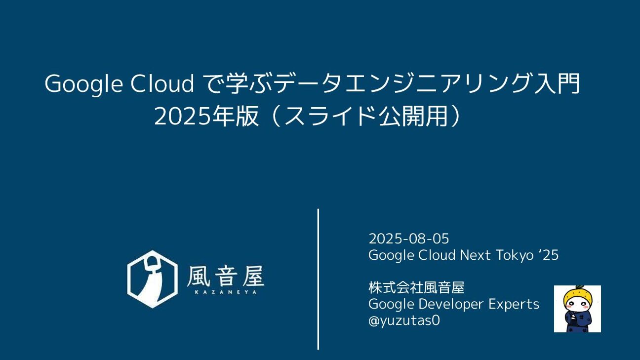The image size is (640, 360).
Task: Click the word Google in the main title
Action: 84,84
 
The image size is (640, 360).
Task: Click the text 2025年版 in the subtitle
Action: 206,116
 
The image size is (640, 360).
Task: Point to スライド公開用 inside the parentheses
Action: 366,116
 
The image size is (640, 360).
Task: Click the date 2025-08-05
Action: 408,239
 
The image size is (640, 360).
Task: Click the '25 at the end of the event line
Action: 549,255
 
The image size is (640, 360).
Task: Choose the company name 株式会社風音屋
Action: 416,287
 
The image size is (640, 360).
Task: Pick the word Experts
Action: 514,304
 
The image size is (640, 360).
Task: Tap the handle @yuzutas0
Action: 404,320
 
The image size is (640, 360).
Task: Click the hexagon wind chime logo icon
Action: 152,279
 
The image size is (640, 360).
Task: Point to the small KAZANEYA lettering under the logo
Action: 225,292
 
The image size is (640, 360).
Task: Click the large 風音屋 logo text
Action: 225,276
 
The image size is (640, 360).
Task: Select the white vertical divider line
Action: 319,279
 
